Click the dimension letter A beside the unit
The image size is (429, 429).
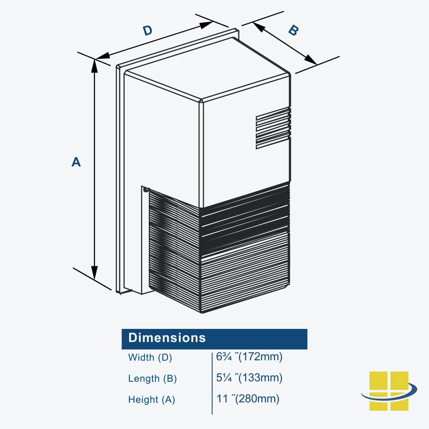76,162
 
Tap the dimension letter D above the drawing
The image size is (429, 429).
147,31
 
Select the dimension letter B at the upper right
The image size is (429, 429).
293,31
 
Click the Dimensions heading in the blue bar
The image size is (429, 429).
167,338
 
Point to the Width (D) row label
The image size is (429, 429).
150,357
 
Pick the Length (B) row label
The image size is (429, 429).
152,379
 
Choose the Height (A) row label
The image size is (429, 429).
151,400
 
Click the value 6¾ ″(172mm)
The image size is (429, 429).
249,357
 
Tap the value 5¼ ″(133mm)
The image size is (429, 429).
249,378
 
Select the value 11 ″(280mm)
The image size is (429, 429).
248,398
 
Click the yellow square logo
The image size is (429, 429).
388,390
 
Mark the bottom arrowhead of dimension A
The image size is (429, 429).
95,273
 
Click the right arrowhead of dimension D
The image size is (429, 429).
207,25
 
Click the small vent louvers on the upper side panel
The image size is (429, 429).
273,128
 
